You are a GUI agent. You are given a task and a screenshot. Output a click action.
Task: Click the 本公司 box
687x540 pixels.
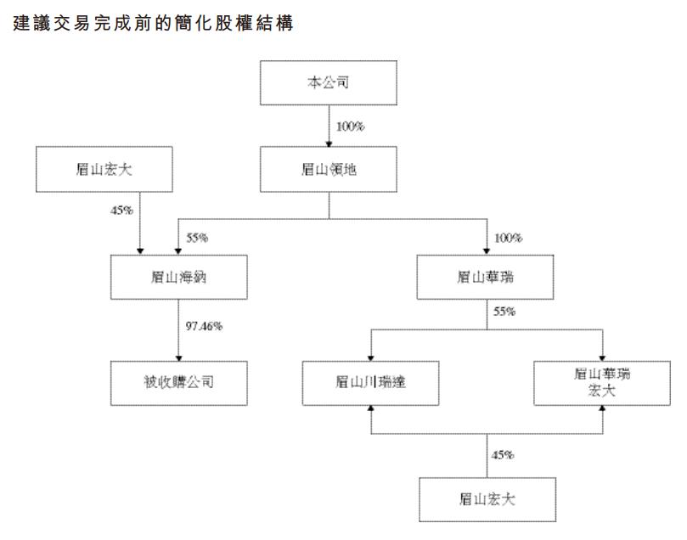[328, 83]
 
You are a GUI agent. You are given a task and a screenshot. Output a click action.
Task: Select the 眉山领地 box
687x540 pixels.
[328, 168]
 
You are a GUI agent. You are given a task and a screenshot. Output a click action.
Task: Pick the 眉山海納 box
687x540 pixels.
[178, 275]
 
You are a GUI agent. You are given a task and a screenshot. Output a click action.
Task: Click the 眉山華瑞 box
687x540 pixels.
[487, 275]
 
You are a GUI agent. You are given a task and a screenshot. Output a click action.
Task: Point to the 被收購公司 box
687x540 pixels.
[178, 381]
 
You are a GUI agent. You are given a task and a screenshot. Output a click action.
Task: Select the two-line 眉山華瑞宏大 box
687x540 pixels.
[602, 381]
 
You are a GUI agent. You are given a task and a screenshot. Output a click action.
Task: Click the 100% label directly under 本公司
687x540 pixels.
[349, 127]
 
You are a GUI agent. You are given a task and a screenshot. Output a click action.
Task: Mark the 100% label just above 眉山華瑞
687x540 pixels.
[507, 238]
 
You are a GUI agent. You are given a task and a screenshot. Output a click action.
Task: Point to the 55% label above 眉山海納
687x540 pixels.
[197, 238]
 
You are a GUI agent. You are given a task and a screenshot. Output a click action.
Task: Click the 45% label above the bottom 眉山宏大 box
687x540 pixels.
[503, 455]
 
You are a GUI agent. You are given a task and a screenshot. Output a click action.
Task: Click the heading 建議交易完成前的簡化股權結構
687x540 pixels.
[154, 25]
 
